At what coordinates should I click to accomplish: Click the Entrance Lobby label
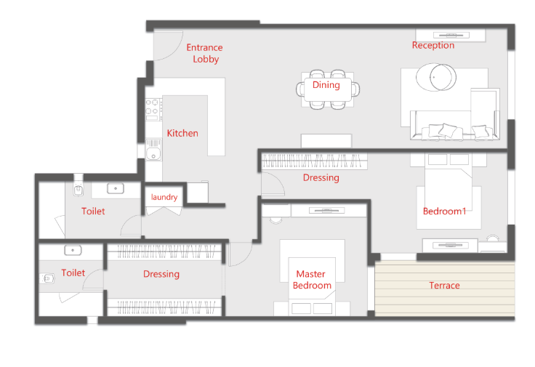[x=205, y=53]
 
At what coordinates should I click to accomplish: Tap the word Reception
[x=433, y=45]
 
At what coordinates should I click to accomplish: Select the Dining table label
[x=326, y=85]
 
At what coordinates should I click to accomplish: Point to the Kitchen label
[x=182, y=133]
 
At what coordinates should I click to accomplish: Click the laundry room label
[x=164, y=197]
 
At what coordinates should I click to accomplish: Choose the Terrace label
[x=444, y=285]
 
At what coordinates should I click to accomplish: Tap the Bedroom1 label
[x=444, y=211]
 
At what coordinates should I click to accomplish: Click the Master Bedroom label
[x=312, y=280]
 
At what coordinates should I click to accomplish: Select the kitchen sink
[x=153, y=150]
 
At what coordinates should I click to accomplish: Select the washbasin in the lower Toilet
[x=73, y=251]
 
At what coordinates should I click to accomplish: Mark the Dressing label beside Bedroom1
[x=321, y=178]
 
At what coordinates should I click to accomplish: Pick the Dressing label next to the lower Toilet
[x=161, y=274]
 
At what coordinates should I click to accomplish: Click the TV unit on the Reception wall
[x=451, y=35]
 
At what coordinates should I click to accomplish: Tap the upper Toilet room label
[x=93, y=211]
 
